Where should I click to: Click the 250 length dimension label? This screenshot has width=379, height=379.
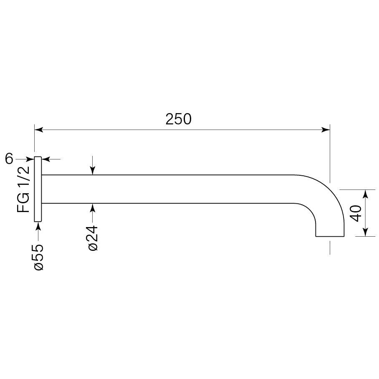click(178, 119)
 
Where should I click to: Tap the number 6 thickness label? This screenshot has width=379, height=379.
click(10, 159)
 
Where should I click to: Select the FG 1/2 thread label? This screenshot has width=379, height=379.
click(24, 189)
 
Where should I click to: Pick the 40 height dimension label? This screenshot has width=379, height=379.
click(355, 213)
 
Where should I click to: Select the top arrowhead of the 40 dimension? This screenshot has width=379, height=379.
click(366, 193)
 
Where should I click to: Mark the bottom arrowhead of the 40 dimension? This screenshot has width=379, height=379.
click(366, 232)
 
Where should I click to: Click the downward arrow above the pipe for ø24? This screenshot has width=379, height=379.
click(93, 171)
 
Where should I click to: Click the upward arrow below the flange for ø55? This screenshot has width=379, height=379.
click(38, 226)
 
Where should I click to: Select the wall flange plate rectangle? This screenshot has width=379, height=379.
click(38, 189)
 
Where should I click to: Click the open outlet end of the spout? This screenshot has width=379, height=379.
click(330, 236)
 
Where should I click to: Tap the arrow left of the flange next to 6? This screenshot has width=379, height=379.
click(30, 159)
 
